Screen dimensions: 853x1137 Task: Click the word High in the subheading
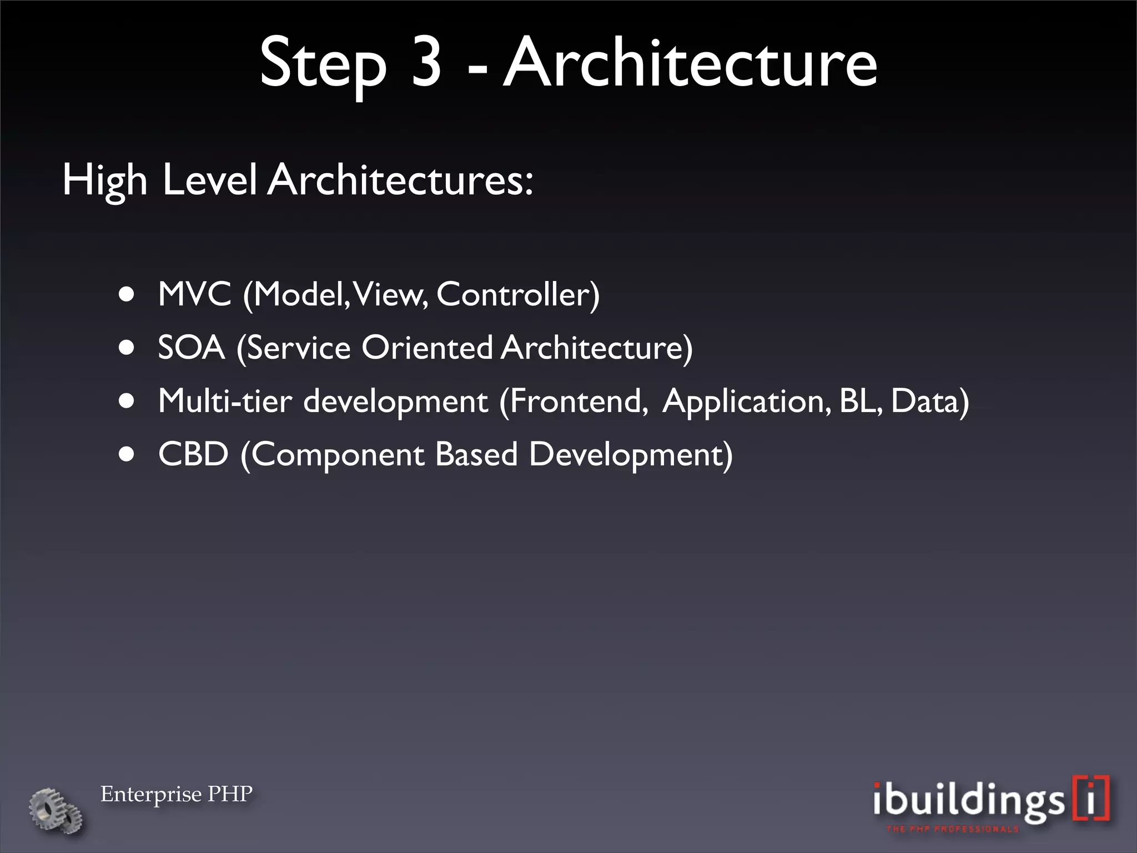[x=104, y=181]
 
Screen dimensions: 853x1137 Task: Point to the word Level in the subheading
[x=209, y=180]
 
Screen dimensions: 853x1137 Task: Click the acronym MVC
[x=194, y=294]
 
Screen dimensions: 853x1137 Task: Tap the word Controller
[x=517, y=294]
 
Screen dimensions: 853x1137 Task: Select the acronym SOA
[x=192, y=348]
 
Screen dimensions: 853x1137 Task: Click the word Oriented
[x=426, y=348]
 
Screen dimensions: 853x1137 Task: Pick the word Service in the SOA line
[x=298, y=348]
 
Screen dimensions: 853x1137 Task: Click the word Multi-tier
[x=225, y=401]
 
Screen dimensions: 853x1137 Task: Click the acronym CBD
[x=193, y=454]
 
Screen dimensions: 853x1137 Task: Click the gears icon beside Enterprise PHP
[x=56, y=810]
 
